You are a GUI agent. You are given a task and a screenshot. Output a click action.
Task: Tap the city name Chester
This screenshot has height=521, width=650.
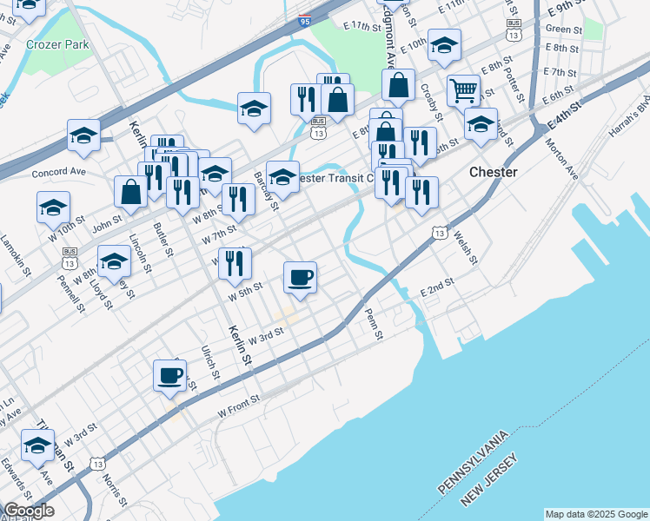[x=493, y=172]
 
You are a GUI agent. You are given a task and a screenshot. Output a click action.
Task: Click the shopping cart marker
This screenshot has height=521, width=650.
[x=464, y=90]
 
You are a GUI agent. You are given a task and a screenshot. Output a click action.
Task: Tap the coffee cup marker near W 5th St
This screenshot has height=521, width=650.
[x=300, y=278]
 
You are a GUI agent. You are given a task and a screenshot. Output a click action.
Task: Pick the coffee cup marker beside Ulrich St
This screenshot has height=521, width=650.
[x=169, y=376]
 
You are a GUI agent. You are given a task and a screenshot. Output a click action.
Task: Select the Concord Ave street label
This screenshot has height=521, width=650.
[x=59, y=172]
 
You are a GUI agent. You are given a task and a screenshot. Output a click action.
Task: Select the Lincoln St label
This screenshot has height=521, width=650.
[x=140, y=249]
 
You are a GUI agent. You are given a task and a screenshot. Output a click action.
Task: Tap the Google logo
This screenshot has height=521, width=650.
[x=28, y=511]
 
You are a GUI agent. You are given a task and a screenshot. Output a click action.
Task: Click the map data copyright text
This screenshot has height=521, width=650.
[x=595, y=514]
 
